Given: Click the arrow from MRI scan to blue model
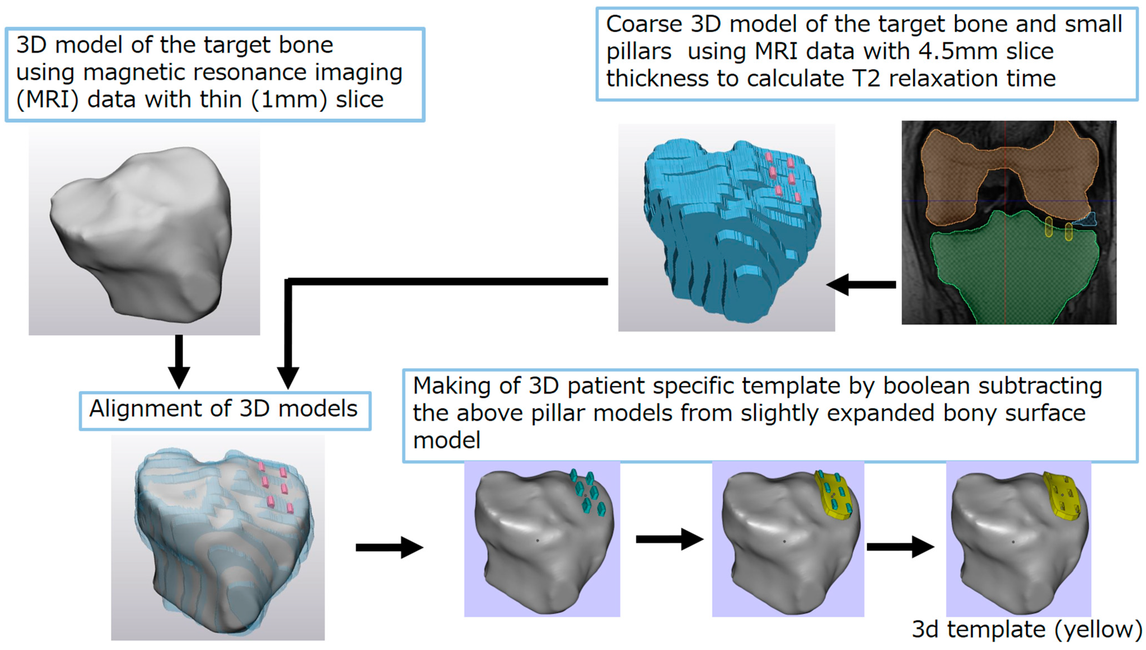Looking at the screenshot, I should [x=861, y=284].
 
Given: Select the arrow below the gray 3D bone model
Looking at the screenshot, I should [x=179, y=362].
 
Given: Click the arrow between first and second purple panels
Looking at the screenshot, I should [x=669, y=539].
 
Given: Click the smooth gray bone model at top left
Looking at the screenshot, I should [x=143, y=232].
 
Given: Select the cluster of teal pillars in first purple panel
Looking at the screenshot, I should [x=587, y=493].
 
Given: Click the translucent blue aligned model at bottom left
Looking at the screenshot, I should [x=219, y=540].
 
